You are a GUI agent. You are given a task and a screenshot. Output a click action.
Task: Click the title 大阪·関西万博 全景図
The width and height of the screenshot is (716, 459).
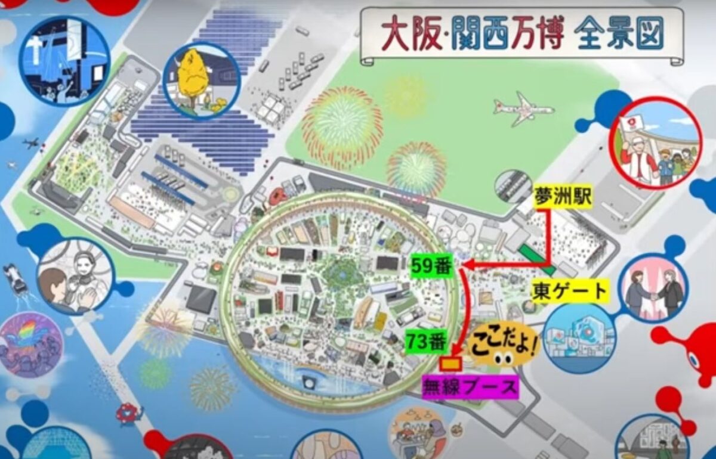[522, 34]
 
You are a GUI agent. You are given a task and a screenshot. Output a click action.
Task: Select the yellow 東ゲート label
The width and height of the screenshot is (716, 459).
[569, 291]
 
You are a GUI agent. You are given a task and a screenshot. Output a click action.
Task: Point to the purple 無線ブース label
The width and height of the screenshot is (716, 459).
[470, 387]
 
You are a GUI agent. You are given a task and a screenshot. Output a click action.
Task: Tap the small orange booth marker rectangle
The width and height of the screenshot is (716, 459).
[451, 363]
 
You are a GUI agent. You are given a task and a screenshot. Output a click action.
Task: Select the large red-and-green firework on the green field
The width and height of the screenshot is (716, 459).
[341, 128]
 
